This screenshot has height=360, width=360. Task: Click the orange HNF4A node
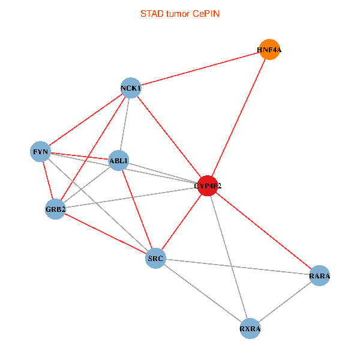click(x=269, y=50)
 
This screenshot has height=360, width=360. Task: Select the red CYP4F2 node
click(x=208, y=185)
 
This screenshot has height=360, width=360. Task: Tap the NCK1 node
click(x=131, y=89)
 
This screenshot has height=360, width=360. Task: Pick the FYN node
click(x=41, y=151)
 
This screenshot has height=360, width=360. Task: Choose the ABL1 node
click(x=119, y=160)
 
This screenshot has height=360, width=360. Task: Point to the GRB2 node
click(x=55, y=209)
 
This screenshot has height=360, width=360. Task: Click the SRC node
click(x=155, y=259)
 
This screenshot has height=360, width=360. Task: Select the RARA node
click(x=319, y=275)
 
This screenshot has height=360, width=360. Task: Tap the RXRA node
click(x=250, y=329)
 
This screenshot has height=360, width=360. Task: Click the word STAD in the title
click(x=152, y=13)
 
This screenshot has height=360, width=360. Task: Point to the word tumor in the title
click(x=178, y=13)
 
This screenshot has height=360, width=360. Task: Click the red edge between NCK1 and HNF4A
click(x=200, y=70)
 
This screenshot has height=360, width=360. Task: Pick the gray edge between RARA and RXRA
click(x=284, y=302)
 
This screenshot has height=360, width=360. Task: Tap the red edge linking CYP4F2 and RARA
click(x=263, y=230)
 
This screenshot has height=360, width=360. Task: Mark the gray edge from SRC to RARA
click(x=237, y=267)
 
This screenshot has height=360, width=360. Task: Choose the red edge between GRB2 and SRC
click(x=105, y=234)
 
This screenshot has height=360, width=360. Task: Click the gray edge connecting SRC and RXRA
click(x=203, y=294)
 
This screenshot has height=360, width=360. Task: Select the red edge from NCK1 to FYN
click(x=86, y=120)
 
